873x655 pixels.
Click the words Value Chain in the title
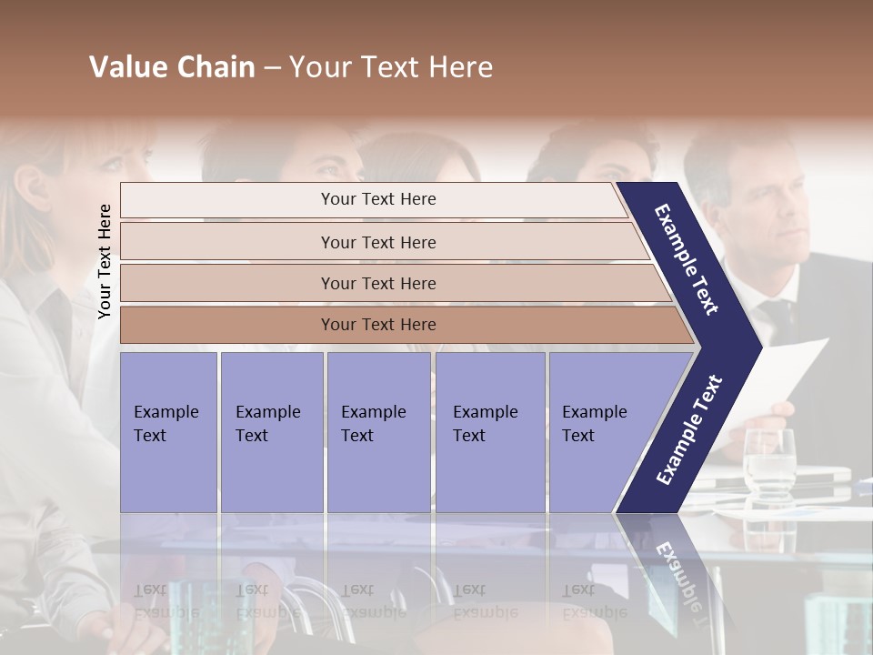click(172, 67)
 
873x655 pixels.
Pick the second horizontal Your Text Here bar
click(378, 242)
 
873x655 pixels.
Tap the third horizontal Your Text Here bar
click(378, 283)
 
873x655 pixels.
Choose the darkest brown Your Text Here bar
click(378, 325)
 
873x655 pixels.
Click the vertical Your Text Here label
click(105, 261)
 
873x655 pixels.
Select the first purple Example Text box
click(168, 431)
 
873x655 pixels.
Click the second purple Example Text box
click(271, 431)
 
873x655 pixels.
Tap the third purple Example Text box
click(377, 431)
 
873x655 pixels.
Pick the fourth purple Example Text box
click(489, 431)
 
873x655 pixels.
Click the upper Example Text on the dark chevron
click(687, 259)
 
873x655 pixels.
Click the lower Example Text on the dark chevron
click(689, 429)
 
